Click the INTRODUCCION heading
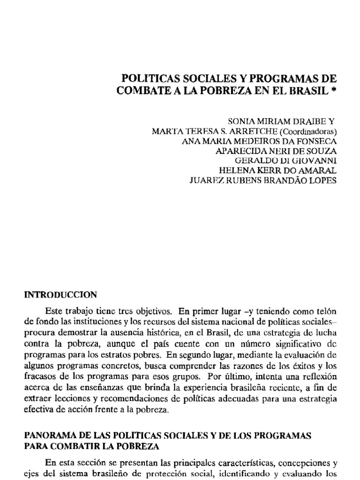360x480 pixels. pyautogui.click(x=60, y=295)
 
